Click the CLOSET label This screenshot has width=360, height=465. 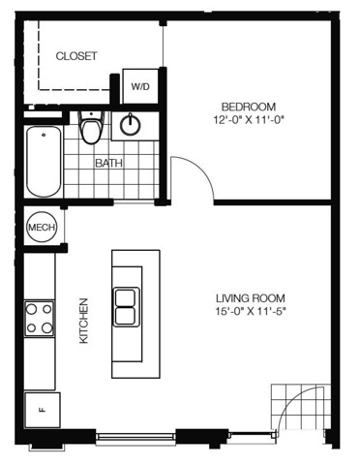coord(76,56)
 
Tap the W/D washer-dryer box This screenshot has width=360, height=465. coord(140,86)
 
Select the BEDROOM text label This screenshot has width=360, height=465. coord(249,107)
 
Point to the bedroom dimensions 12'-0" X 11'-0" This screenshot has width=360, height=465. coord(248,120)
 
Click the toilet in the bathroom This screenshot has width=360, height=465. coord(91,127)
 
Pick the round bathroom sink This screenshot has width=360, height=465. coord(131,125)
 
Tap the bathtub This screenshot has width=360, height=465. coord(44,162)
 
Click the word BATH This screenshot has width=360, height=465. coord(109,163)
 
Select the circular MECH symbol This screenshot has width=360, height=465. coord(41,227)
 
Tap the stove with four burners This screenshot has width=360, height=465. coord(40,319)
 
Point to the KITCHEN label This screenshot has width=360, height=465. coord(84,321)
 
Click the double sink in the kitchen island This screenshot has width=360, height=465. coord(126,307)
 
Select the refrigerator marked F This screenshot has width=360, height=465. coord(43,410)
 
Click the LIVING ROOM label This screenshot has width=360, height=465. coord(251,297)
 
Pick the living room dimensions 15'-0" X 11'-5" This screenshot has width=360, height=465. coord(251,312)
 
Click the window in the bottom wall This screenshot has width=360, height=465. coord(135,436)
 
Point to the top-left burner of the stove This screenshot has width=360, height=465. coord(31,309)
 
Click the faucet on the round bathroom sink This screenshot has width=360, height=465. coord(131,119)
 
